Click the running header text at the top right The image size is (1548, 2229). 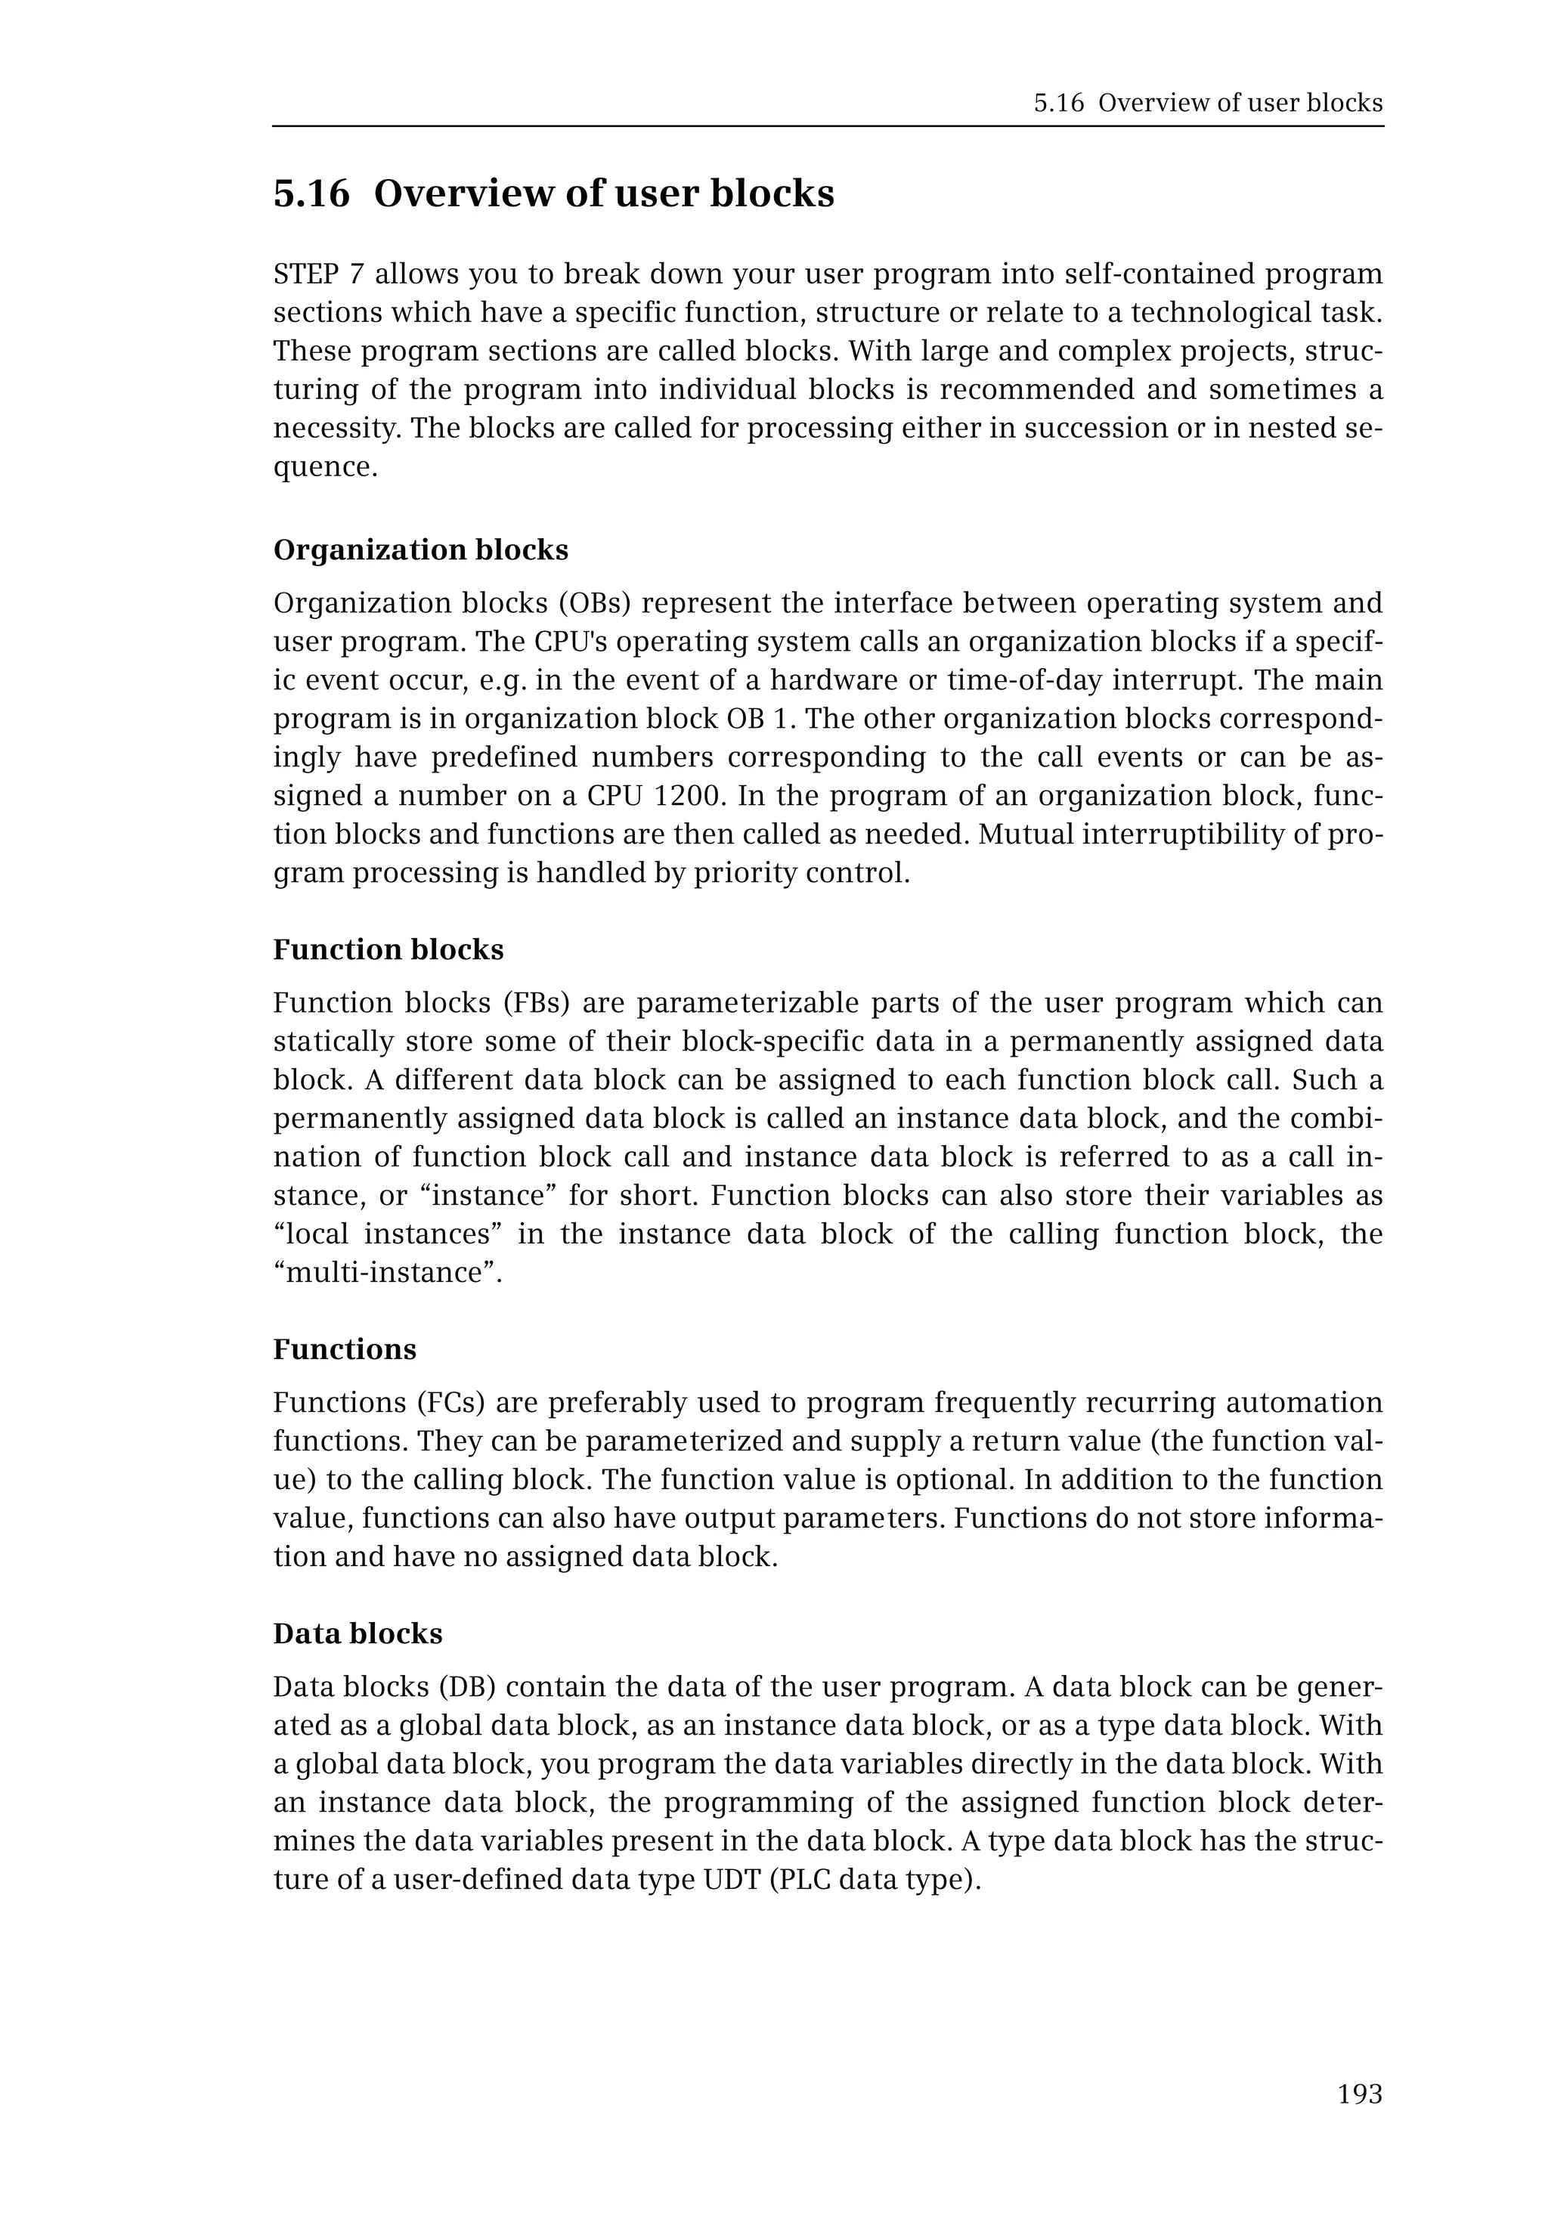(x=1208, y=103)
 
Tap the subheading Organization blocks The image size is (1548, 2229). (x=420, y=550)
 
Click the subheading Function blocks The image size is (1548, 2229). (x=388, y=949)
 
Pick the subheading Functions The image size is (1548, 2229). (x=345, y=1349)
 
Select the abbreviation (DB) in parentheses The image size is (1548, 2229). (x=468, y=1687)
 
